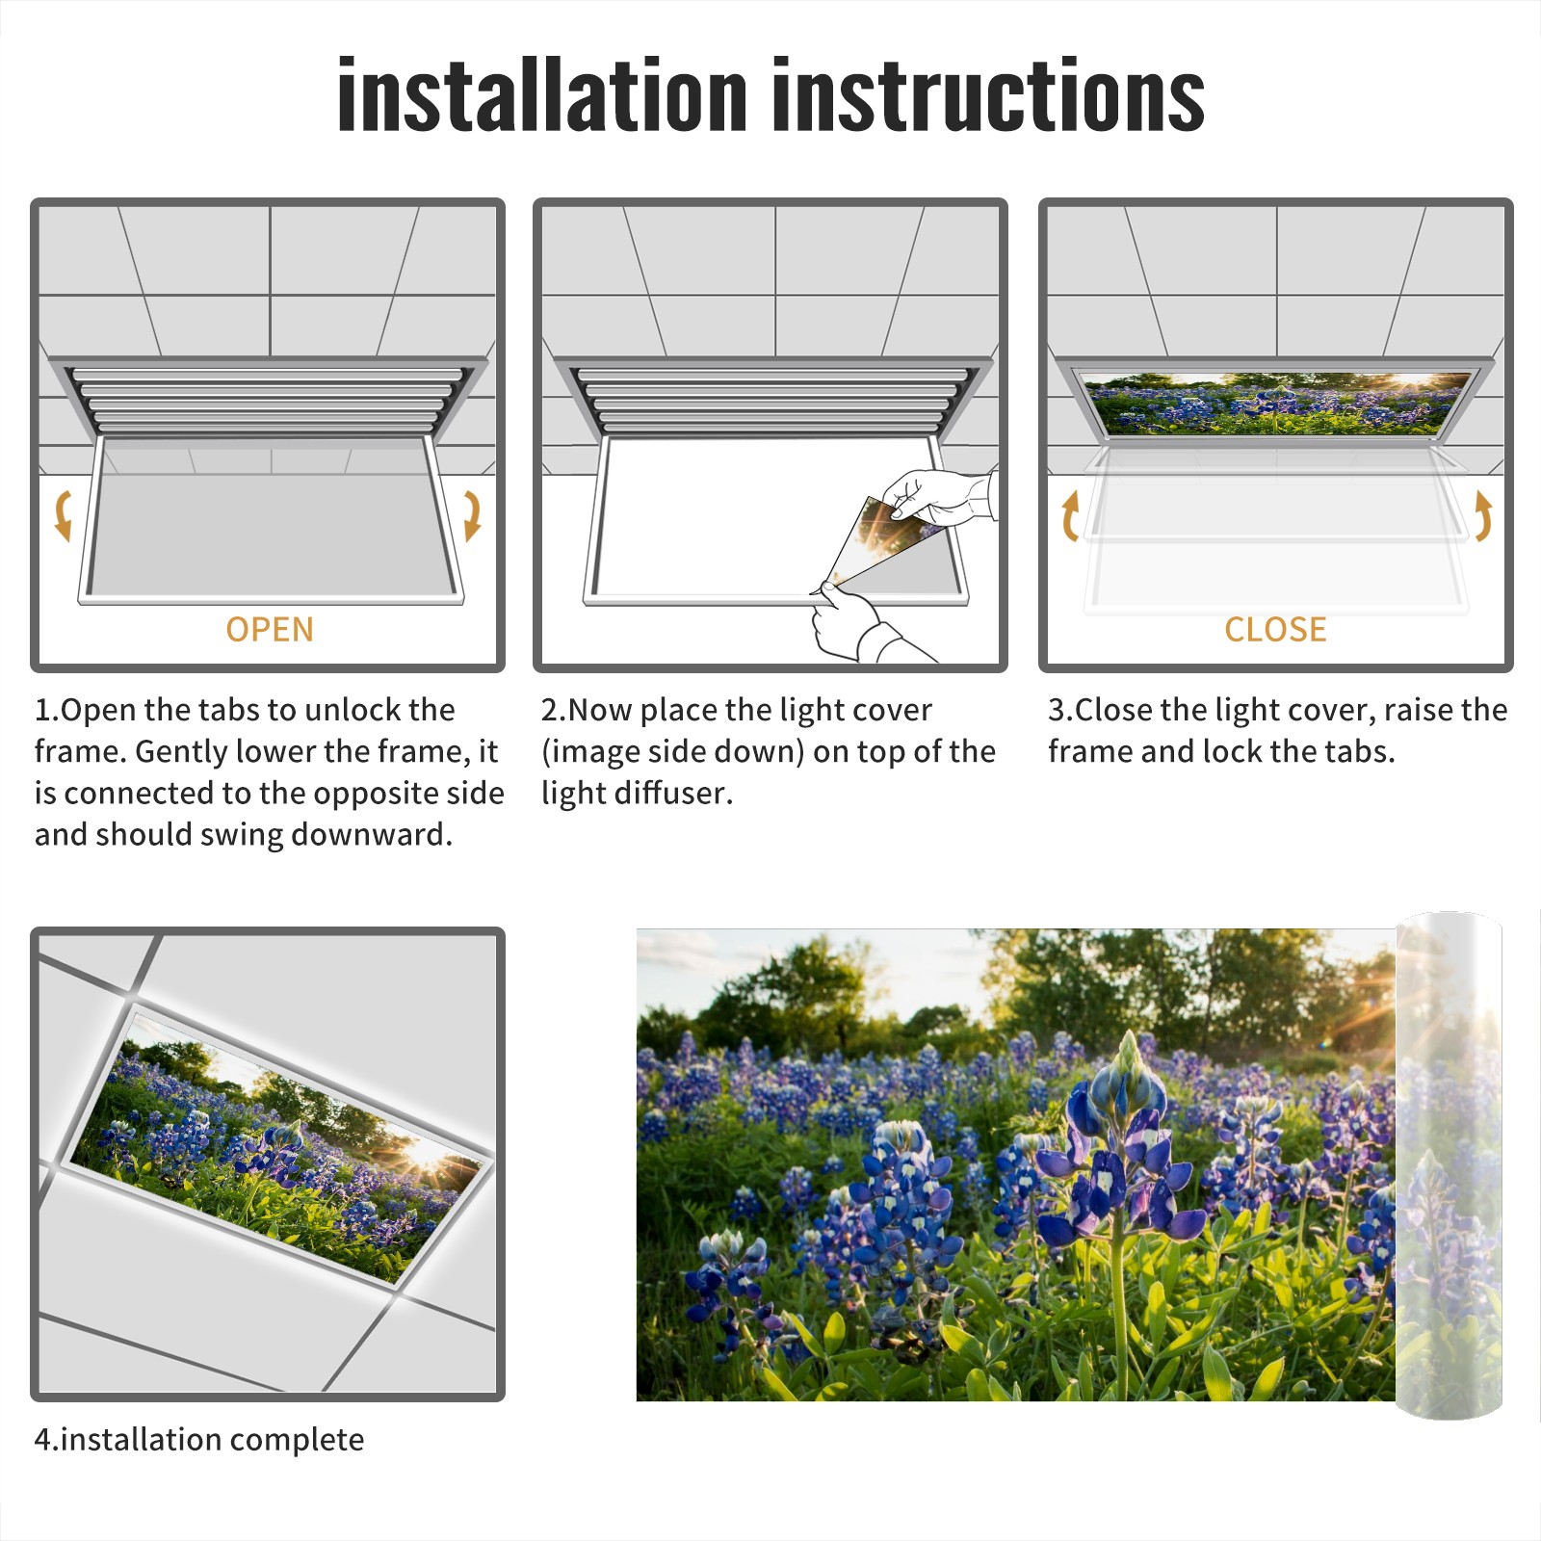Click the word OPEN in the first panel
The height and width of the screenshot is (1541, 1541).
[270, 629]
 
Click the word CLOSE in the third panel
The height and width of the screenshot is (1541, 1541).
[1275, 629]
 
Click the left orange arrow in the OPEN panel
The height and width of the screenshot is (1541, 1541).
[63, 515]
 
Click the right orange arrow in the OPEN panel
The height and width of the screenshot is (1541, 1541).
[472, 515]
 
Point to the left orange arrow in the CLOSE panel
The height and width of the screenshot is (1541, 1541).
[1070, 515]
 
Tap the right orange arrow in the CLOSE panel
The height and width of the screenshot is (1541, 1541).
[1483, 515]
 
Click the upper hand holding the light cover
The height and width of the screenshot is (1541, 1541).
[939, 496]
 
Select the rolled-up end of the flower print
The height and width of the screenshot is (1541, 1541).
[1449, 1165]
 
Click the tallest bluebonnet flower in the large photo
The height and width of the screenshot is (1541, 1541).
[1122, 1146]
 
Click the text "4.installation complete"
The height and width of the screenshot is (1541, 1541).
[199, 1439]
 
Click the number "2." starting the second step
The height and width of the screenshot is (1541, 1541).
[554, 710]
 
